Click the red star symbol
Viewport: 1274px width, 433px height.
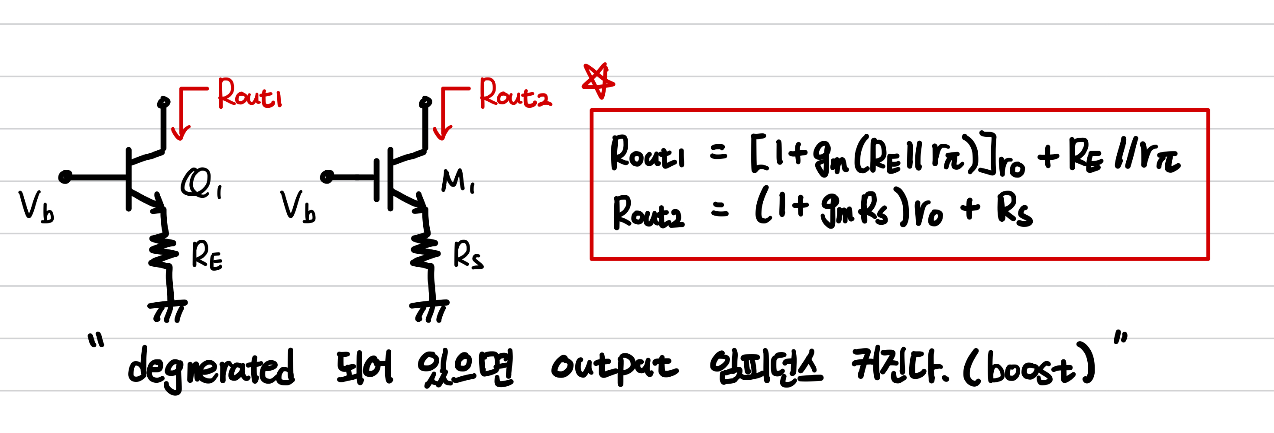598,81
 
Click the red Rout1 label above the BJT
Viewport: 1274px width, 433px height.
250,94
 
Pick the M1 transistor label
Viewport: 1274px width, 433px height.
457,181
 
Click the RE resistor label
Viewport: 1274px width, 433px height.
207,255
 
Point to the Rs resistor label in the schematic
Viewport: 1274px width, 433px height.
468,255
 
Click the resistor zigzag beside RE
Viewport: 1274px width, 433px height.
163,252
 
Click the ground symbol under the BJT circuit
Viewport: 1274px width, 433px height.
168,310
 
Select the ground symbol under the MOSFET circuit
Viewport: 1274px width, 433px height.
429,310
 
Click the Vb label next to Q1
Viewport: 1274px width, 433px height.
36,207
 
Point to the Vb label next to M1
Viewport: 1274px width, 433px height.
298,207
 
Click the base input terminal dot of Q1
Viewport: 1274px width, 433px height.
65,177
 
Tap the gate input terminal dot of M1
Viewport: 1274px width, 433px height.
327,177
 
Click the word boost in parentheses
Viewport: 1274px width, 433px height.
1031,368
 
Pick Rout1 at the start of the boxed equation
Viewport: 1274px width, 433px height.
647,154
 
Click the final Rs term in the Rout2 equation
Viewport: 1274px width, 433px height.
1014,210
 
